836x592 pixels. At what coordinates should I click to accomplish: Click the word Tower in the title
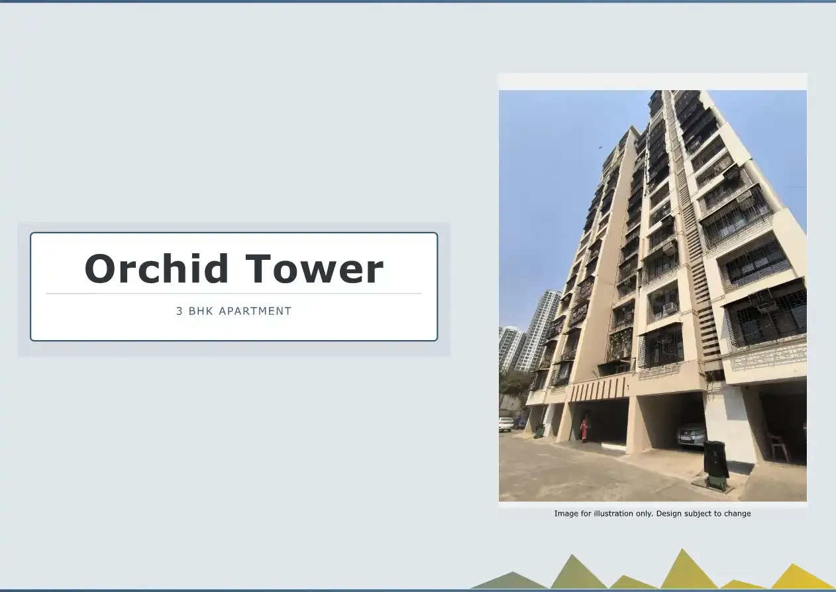point(315,269)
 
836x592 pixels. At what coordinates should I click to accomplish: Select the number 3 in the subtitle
point(180,311)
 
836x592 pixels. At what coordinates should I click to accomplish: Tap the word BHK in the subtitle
point(201,311)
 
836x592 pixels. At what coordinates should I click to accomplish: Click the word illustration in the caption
point(614,513)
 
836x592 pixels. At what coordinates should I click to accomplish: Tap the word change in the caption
point(737,513)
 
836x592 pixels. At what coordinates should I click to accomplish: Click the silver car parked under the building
point(691,434)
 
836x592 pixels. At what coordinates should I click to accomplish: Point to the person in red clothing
point(584,429)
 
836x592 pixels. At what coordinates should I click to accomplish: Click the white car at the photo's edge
point(505,424)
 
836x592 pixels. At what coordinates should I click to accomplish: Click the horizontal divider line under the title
point(234,293)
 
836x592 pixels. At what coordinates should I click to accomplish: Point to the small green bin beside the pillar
point(539,430)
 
